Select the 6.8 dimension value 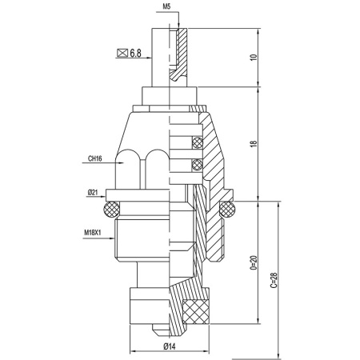pos(135,54)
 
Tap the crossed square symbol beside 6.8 pos(122,54)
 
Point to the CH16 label pos(94,158)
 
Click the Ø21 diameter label pos(94,193)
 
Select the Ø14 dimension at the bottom pos(169,345)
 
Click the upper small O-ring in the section pos(194,145)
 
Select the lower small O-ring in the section pos(194,166)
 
